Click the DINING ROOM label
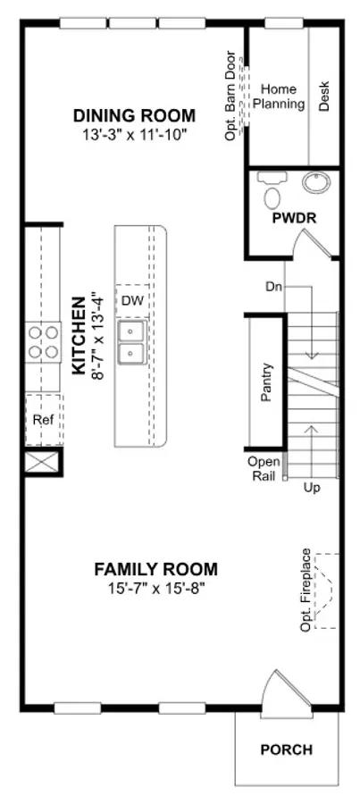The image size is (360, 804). coord(134,115)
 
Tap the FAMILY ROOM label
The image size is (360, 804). coord(156,569)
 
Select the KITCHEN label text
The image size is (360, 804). coord(79,336)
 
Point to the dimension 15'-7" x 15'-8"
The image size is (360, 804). coord(156,587)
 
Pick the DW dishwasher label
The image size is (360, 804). coord(132,299)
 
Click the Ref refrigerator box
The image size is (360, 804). coord(43,420)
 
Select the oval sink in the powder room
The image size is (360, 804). coord(316,182)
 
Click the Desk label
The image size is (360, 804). coord(324,96)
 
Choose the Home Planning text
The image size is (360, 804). coord(280,96)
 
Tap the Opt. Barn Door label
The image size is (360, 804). coord(230,96)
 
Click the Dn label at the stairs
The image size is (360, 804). coord(274,285)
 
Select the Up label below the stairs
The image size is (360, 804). coord(311,487)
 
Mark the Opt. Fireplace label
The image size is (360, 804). coord(306,590)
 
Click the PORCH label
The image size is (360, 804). coord(287,750)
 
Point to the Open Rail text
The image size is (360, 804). coord(264,468)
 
